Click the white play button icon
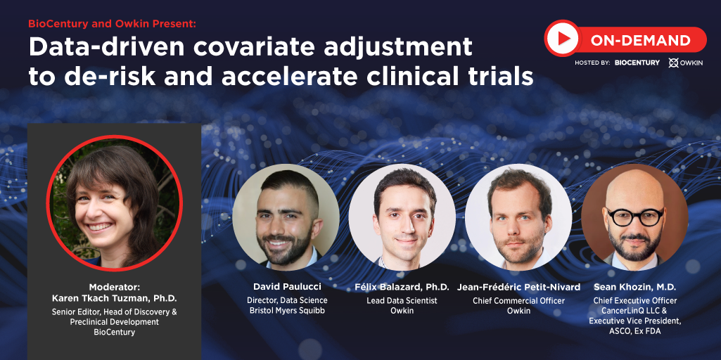[563, 39]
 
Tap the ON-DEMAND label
[641, 41]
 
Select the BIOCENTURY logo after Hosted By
[637, 63]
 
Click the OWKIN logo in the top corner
[686, 63]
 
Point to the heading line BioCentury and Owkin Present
[113, 24]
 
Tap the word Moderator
[114, 288]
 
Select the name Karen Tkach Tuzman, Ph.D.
[114, 298]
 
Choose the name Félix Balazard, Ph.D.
[402, 288]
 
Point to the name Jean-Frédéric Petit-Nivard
[518, 288]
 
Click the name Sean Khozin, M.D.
[634, 288]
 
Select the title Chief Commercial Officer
[518, 301]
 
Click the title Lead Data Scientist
[402, 301]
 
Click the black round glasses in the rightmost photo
[634, 217]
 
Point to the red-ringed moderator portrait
[115, 202]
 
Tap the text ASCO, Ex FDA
[634, 331]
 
